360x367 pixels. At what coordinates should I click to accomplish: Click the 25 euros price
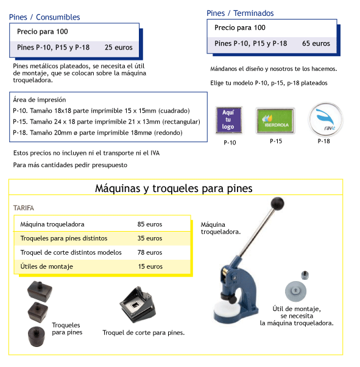(x=118, y=48)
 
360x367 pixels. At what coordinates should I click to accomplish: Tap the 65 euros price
(x=316, y=43)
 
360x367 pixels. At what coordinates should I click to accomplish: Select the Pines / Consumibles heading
(x=44, y=17)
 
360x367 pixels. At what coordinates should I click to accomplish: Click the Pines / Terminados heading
(x=240, y=13)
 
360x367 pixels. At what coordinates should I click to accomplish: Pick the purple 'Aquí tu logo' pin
(x=228, y=120)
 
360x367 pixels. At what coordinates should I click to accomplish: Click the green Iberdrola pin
(x=275, y=121)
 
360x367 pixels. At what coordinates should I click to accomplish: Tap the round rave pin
(x=325, y=119)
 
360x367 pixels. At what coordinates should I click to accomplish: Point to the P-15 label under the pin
(x=276, y=141)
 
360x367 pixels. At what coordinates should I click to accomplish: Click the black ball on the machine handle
(x=277, y=204)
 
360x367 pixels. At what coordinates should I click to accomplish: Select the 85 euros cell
(x=150, y=224)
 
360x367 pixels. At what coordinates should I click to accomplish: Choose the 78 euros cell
(x=150, y=252)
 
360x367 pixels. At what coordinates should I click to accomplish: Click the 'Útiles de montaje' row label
(x=46, y=266)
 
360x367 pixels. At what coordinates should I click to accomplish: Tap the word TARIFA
(x=24, y=208)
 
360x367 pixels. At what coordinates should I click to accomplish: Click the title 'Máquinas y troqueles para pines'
(x=174, y=188)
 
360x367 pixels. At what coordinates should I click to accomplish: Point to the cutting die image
(x=138, y=305)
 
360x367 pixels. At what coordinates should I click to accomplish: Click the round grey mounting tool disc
(x=295, y=291)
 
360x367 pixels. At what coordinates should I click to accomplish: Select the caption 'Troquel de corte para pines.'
(x=144, y=333)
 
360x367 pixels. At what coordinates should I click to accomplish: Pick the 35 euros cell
(x=150, y=238)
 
